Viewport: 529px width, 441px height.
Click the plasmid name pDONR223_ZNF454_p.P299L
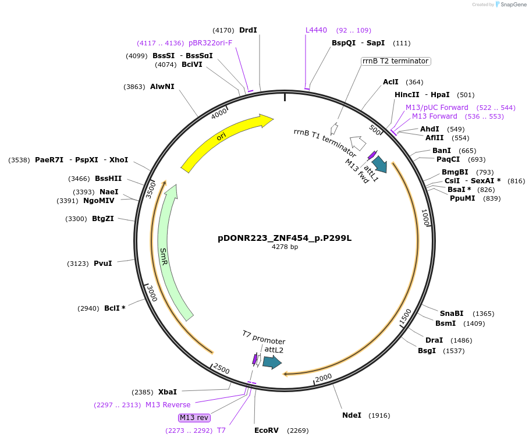(285, 238)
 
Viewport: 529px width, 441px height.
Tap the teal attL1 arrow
(379, 163)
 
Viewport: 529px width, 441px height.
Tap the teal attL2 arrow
(272, 362)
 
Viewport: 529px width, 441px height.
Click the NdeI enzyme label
(352, 415)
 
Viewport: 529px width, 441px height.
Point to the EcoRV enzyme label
(267, 431)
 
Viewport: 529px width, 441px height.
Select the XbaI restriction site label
(168, 392)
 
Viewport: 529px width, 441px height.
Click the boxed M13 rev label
(194, 418)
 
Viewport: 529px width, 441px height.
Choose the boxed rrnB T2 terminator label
(395, 61)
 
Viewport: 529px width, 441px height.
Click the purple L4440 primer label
(317, 30)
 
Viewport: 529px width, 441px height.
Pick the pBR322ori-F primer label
(210, 43)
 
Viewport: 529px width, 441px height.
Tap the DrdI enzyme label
(248, 30)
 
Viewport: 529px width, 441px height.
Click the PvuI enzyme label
(102, 264)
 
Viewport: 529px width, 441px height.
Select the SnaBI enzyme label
(452, 314)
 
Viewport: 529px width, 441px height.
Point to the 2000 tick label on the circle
(324, 378)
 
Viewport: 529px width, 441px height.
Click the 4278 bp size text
(285, 247)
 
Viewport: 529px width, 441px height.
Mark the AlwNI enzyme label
(162, 87)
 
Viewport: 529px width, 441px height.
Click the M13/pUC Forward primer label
(436, 108)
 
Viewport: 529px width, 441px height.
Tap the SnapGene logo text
(512, 4)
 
